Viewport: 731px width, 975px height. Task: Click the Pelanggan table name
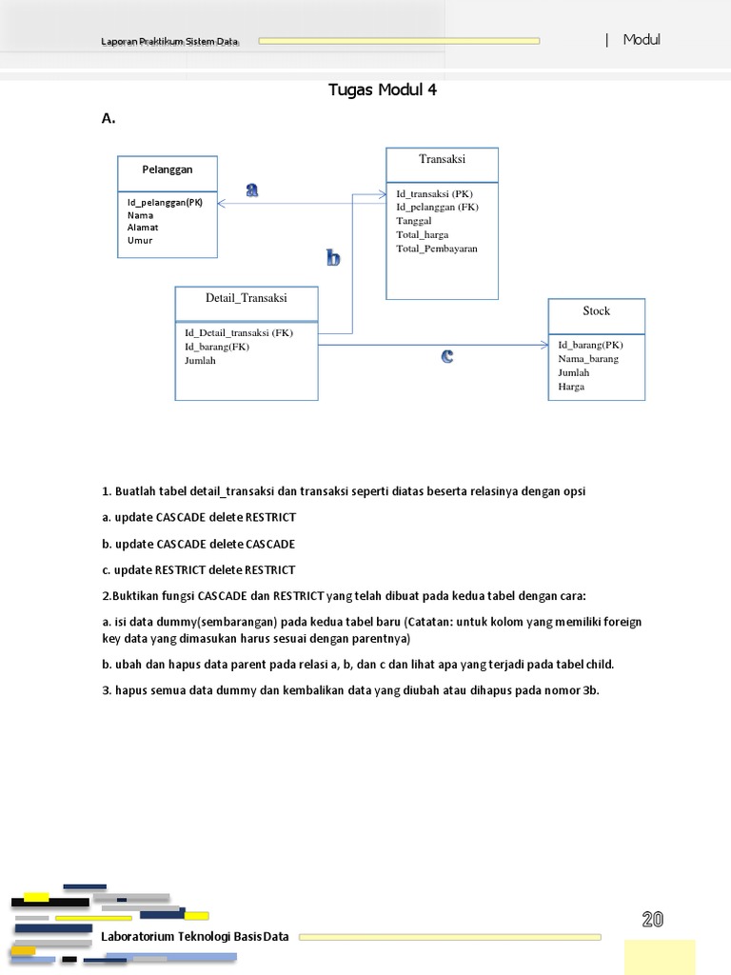point(168,169)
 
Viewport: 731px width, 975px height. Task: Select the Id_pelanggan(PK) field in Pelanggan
point(165,202)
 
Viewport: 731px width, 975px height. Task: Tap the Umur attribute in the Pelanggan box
point(140,240)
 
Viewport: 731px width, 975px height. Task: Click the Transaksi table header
point(442,159)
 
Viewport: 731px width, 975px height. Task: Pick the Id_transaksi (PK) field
point(434,193)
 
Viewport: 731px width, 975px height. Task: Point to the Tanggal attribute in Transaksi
point(413,220)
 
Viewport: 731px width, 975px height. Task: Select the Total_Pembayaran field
point(437,249)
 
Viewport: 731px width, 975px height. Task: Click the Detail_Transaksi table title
point(247,298)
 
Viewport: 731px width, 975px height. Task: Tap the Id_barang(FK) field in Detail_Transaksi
point(216,347)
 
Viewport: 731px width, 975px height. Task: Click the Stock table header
point(596,311)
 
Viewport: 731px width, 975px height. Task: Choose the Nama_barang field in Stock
point(587,359)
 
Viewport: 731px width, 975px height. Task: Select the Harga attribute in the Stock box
point(571,387)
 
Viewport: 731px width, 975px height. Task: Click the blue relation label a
point(252,189)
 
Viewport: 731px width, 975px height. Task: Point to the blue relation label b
point(333,258)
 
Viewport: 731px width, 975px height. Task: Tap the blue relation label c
point(446,357)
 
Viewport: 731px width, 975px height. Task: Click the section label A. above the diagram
point(109,118)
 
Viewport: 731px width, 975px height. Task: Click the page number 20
point(652,919)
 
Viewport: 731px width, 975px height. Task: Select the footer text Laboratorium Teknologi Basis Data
point(194,937)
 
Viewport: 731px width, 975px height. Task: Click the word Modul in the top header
point(642,39)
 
